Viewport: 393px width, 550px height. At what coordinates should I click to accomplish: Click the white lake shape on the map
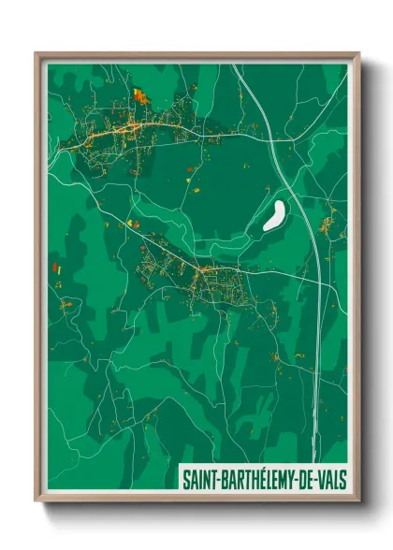(274, 216)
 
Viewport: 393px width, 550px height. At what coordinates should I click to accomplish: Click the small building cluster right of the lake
(327, 224)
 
